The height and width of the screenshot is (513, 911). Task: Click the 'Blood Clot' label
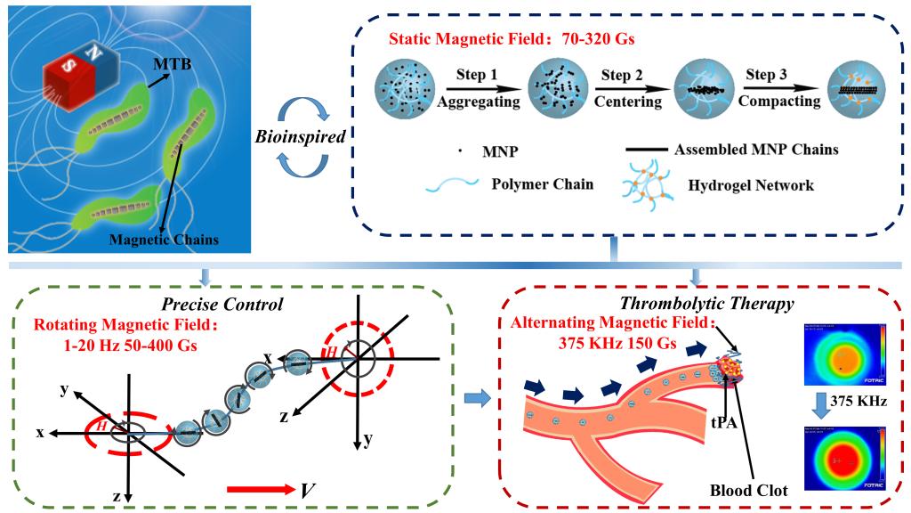coord(745,490)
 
